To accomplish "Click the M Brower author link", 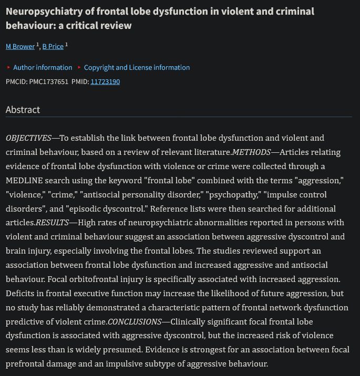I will (x=20, y=46).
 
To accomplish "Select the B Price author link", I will (x=53, y=46).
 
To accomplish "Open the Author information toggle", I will (x=43, y=67).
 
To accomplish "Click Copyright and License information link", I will (x=137, y=67).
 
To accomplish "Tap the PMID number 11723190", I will (x=105, y=81).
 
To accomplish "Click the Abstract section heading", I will (x=23, y=110).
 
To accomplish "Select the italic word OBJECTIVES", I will (x=28, y=138).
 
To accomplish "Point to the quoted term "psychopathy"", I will (x=230, y=195).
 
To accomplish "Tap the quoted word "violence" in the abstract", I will (x=24, y=195).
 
